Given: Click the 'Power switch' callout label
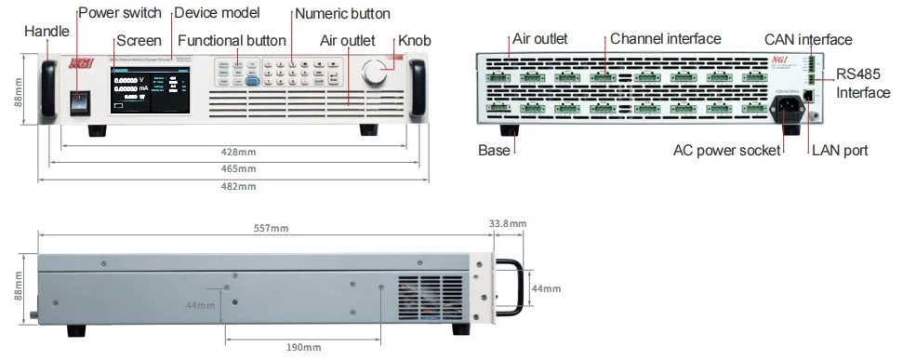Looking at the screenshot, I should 119,13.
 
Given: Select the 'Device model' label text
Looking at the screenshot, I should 217,13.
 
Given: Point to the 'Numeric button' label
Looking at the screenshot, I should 342,13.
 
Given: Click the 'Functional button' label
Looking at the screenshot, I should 232,40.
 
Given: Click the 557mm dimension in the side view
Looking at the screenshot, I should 270,226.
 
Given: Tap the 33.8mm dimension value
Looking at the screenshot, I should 507,223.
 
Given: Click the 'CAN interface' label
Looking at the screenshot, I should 807,39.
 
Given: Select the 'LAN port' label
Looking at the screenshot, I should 840,149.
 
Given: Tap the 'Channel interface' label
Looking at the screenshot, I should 665,39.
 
